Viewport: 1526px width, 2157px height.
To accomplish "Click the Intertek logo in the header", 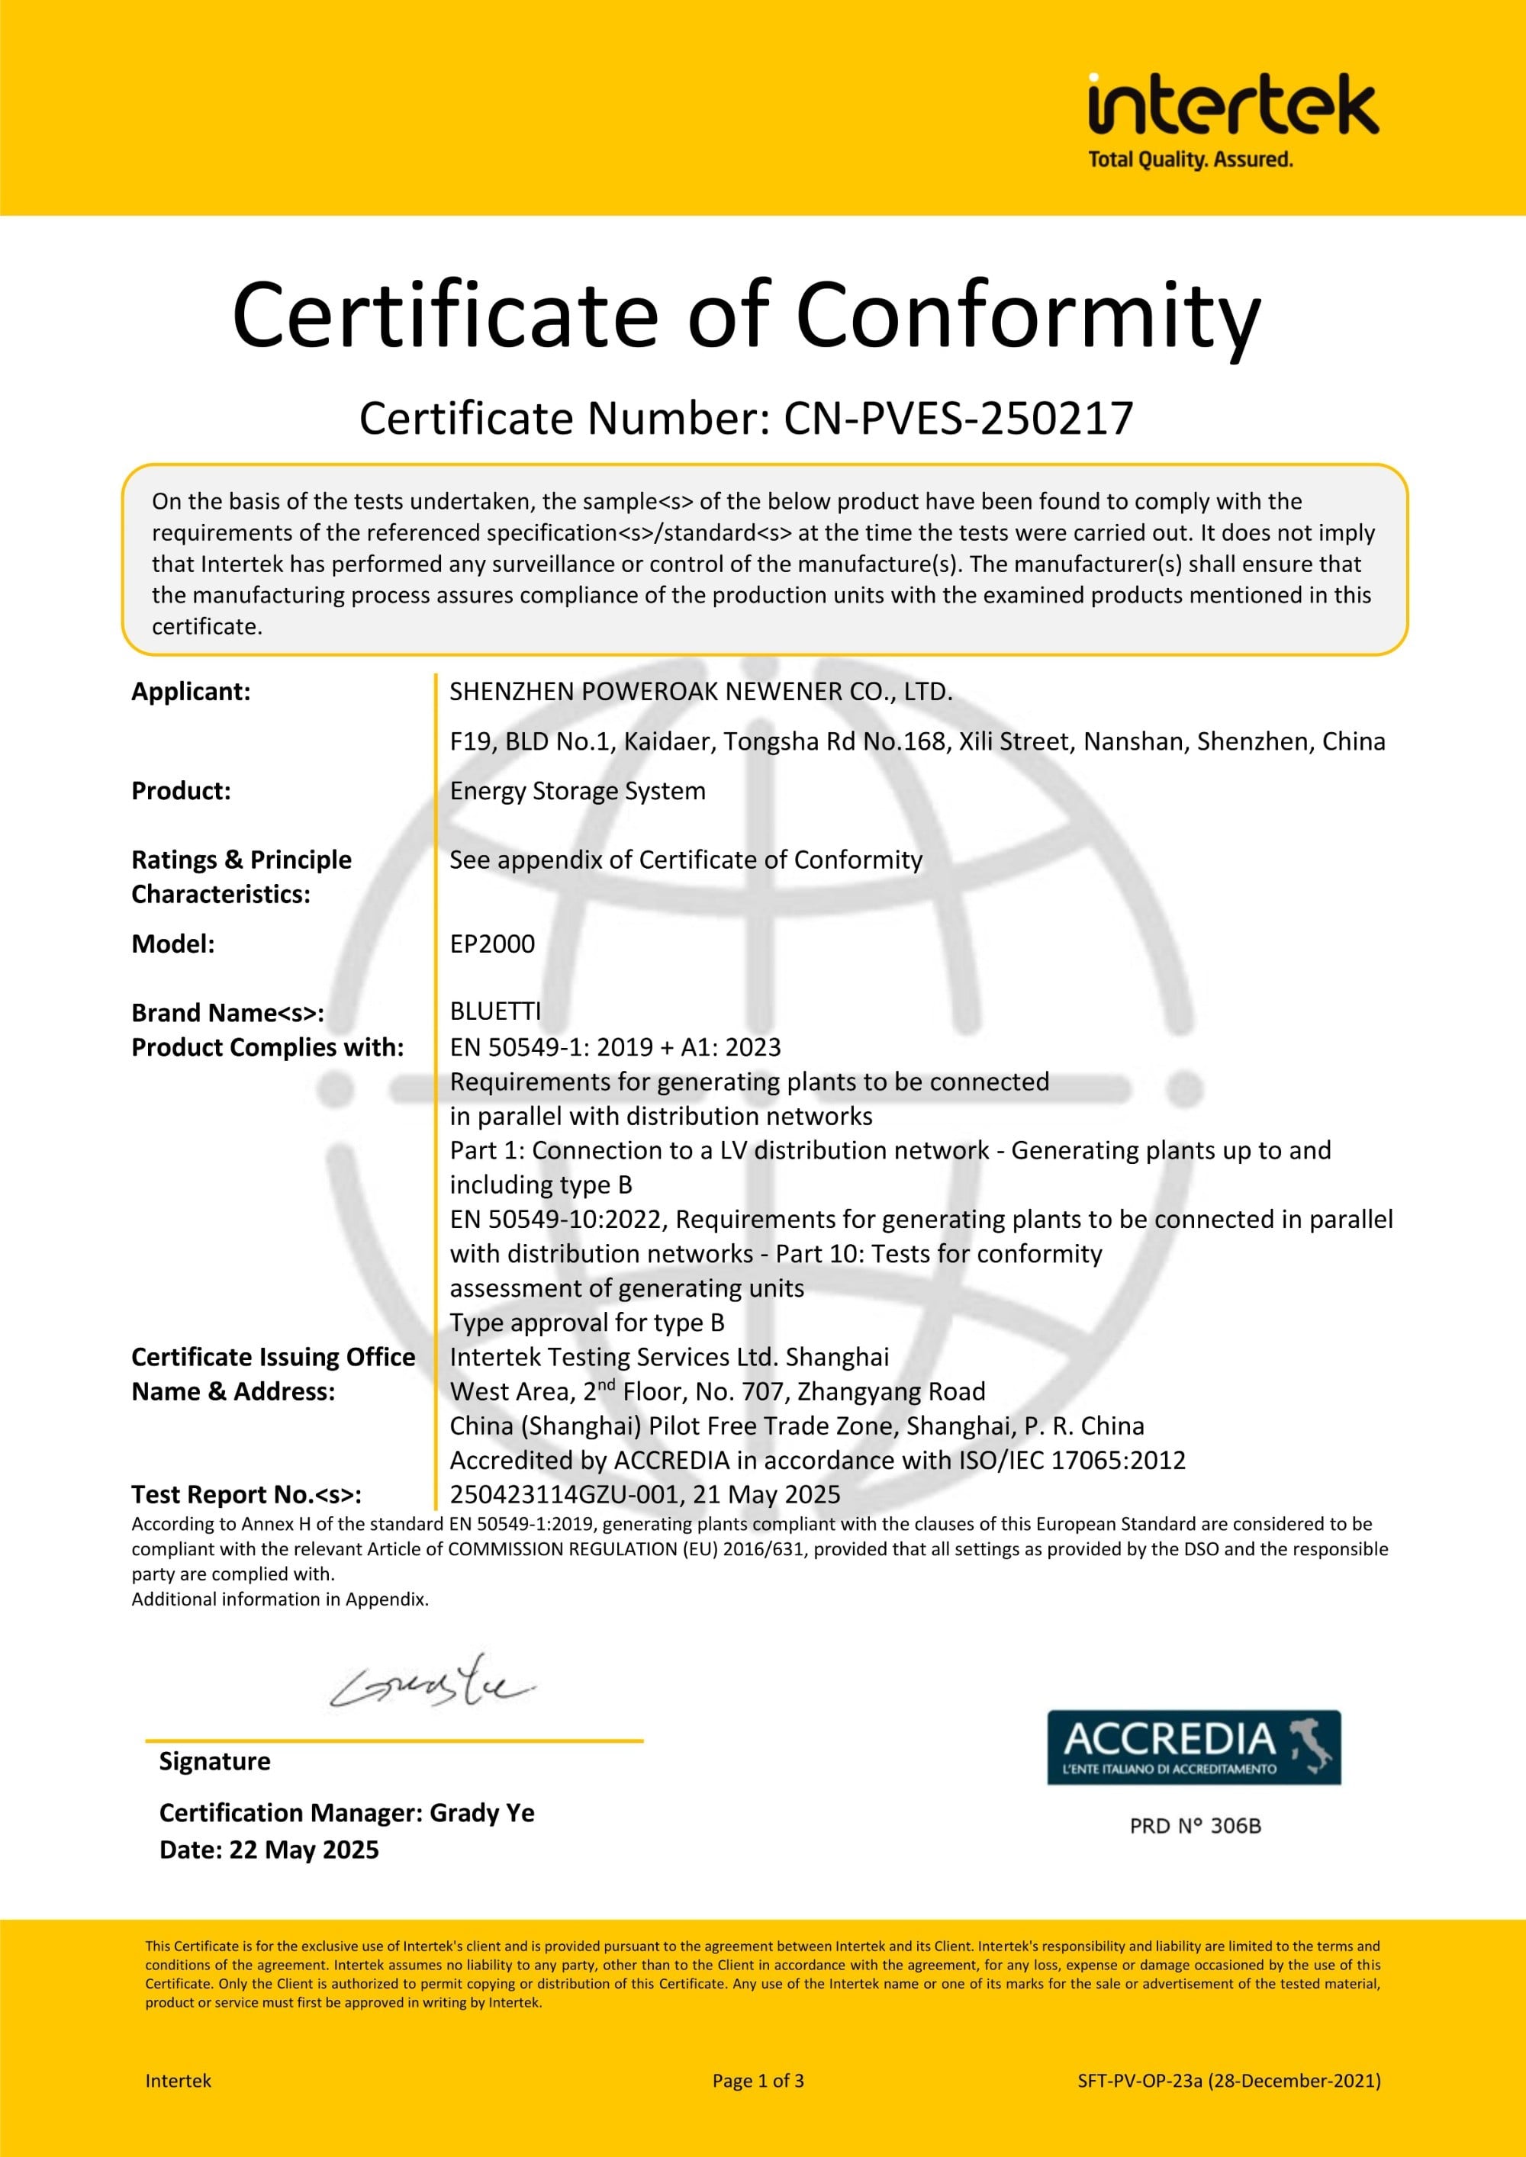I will coord(1233,105).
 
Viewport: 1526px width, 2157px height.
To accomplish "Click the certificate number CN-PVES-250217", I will coord(958,419).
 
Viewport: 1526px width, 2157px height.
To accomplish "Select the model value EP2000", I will coord(492,944).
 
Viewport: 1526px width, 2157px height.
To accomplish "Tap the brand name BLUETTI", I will coord(495,1012).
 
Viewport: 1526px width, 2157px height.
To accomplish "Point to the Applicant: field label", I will coord(191,692).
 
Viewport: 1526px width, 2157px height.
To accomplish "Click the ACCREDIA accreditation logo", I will coord(1193,1747).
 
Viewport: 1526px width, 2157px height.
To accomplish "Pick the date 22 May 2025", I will coord(304,1850).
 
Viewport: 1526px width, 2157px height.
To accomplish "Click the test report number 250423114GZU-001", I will coord(564,1495).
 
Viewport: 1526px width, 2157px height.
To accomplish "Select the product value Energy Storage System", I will coord(577,791).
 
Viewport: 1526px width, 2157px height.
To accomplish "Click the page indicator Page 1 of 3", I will coord(758,2080).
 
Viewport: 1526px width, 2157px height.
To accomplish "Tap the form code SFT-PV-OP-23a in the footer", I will coord(1140,2080).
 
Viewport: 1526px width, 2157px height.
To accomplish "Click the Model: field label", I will coord(173,944).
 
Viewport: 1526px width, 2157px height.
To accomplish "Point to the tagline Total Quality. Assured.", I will coord(1190,159).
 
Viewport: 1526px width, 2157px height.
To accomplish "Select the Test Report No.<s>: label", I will coord(246,1495).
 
